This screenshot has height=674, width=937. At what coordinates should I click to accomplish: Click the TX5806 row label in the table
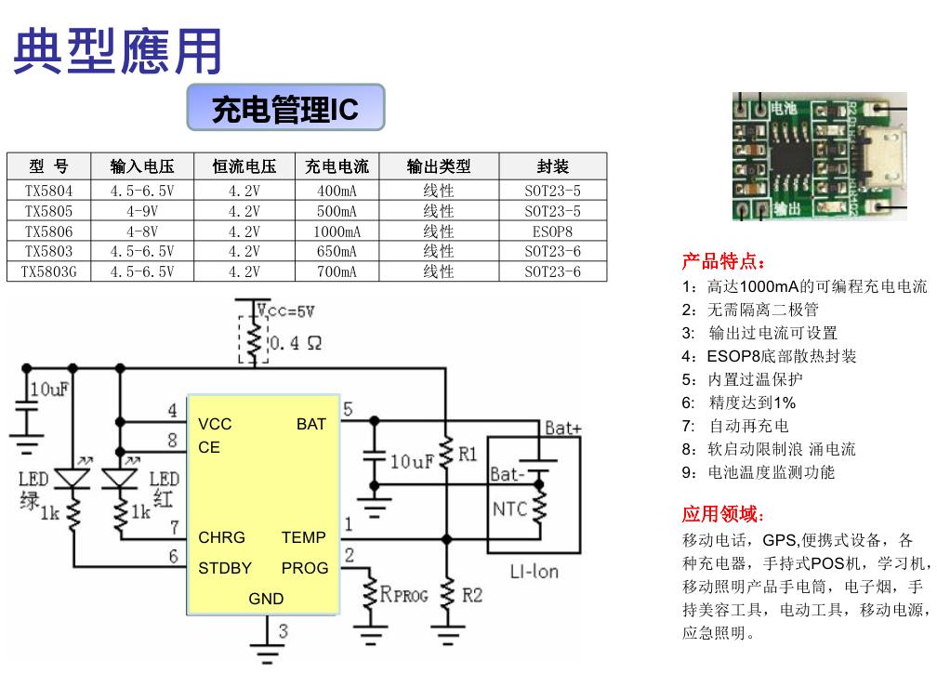coord(48,231)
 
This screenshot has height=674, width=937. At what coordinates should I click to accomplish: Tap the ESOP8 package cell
coord(552,231)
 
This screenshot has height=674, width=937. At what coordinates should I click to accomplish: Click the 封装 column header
coord(552,166)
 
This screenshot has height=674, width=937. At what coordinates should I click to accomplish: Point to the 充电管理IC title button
coord(284,110)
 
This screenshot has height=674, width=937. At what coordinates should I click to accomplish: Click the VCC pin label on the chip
coord(215,424)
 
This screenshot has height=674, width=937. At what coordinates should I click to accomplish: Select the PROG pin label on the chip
coord(304,568)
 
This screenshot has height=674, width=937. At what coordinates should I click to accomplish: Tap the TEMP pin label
coord(304,537)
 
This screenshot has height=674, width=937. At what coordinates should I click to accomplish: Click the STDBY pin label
coord(225,568)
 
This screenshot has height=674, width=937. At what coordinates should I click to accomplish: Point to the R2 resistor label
coord(472,594)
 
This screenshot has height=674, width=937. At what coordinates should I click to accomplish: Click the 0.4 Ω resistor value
coord(296,343)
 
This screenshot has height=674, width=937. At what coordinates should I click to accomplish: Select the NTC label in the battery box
coord(509,509)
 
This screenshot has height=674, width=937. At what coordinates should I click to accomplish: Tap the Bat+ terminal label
coord(562,428)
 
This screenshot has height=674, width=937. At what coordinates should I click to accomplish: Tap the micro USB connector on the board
coord(883,155)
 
